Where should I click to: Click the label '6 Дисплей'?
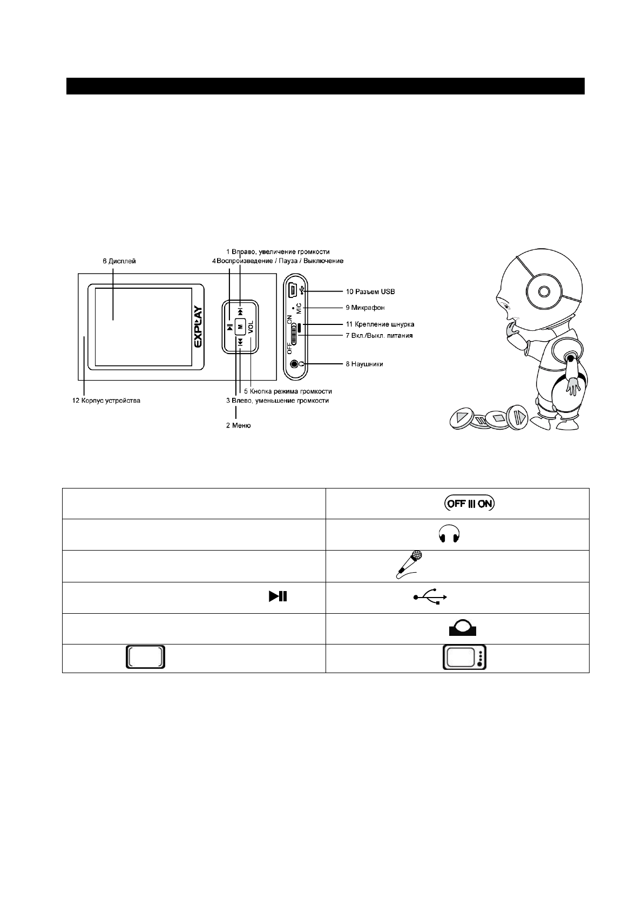[119, 261]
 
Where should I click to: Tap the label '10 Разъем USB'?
[370, 291]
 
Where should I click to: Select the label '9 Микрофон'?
[365, 308]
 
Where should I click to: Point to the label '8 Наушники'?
[364, 364]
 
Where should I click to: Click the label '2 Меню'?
[238, 425]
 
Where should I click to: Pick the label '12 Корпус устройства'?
[107, 401]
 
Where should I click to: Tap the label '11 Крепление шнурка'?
[380, 324]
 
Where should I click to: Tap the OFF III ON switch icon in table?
[469, 504]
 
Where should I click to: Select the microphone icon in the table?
[409, 565]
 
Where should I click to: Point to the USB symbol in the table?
[430, 597]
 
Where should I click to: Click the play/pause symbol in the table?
[277, 597]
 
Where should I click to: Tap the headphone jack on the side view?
[294, 364]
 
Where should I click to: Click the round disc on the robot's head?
[544, 290]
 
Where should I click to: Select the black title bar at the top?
[326, 86]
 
